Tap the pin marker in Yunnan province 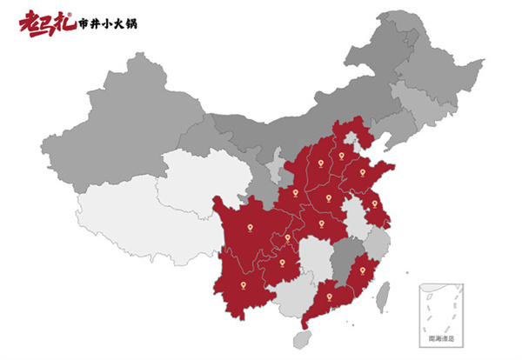coord(244,283)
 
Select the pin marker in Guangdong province coord(329,298)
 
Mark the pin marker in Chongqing coord(288,236)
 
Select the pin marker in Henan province coord(329,197)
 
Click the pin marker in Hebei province coord(342,156)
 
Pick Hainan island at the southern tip coord(304,337)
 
